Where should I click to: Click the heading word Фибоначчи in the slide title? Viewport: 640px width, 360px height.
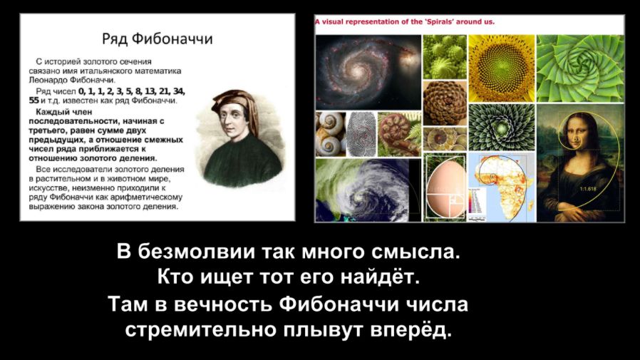click(x=172, y=38)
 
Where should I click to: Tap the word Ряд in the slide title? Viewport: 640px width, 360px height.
click(x=115, y=39)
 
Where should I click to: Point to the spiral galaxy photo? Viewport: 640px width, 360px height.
click(x=368, y=72)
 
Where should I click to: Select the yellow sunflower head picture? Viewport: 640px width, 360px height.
click(x=501, y=68)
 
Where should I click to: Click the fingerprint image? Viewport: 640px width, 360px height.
click(x=361, y=134)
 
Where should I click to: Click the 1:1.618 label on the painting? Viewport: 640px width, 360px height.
click(x=588, y=189)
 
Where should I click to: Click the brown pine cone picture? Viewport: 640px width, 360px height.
click(x=445, y=103)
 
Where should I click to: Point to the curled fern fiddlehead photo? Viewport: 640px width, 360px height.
click(x=399, y=134)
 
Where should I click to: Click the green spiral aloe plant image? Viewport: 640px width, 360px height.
click(x=580, y=68)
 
